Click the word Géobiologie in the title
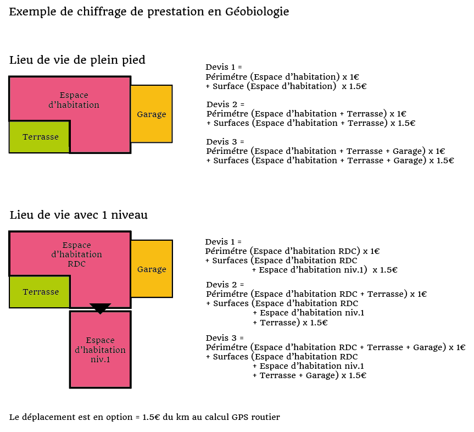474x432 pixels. pos(257,12)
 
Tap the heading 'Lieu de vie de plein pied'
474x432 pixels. pos(77,60)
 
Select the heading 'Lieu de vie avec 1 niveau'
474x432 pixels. pos(79,215)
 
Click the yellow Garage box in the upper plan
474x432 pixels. pos(152,114)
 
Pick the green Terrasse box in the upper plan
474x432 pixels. pos(40,137)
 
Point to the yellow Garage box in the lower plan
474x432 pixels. pos(152,269)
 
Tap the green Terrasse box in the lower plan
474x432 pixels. pos(40,292)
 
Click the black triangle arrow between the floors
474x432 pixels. pos(101,308)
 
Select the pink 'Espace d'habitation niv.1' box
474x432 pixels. pos(101,350)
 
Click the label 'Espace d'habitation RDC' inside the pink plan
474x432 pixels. pos(76,254)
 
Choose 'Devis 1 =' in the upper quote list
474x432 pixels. pos(224,67)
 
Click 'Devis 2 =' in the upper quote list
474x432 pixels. pos(225,104)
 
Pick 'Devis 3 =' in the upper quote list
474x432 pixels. pos(225,142)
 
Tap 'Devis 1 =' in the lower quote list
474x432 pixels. pos(224,242)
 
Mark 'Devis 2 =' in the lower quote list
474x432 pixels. pos(225,285)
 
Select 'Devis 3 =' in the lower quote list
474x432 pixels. pos(225,338)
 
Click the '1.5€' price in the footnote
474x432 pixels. pos(151,417)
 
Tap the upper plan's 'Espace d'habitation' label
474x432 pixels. pos(74,100)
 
